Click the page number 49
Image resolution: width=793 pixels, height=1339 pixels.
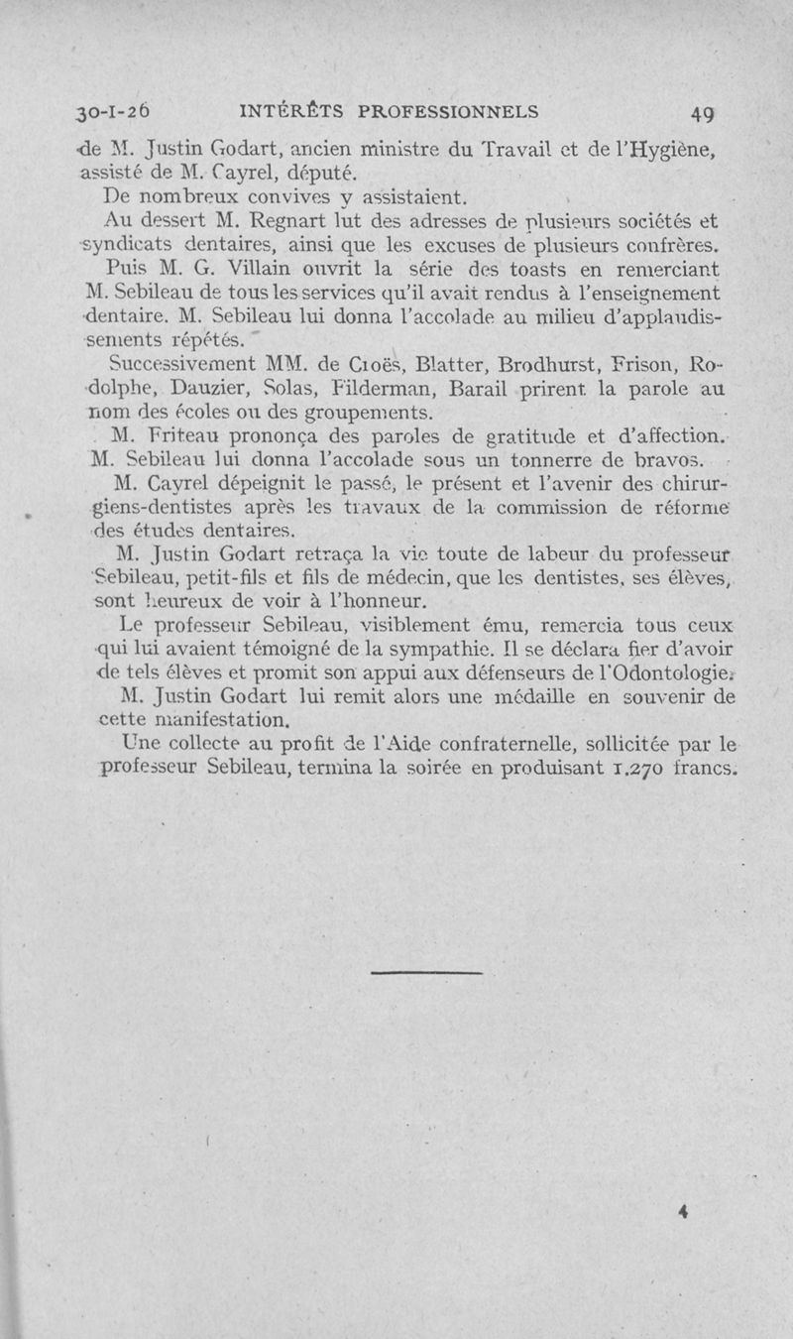point(703,112)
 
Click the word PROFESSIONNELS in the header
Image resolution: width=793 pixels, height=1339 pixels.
point(446,110)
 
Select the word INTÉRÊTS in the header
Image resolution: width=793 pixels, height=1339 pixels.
point(288,110)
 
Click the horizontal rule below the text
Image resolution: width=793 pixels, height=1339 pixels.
point(425,945)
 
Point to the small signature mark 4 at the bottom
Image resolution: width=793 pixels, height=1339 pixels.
point(684,1210)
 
